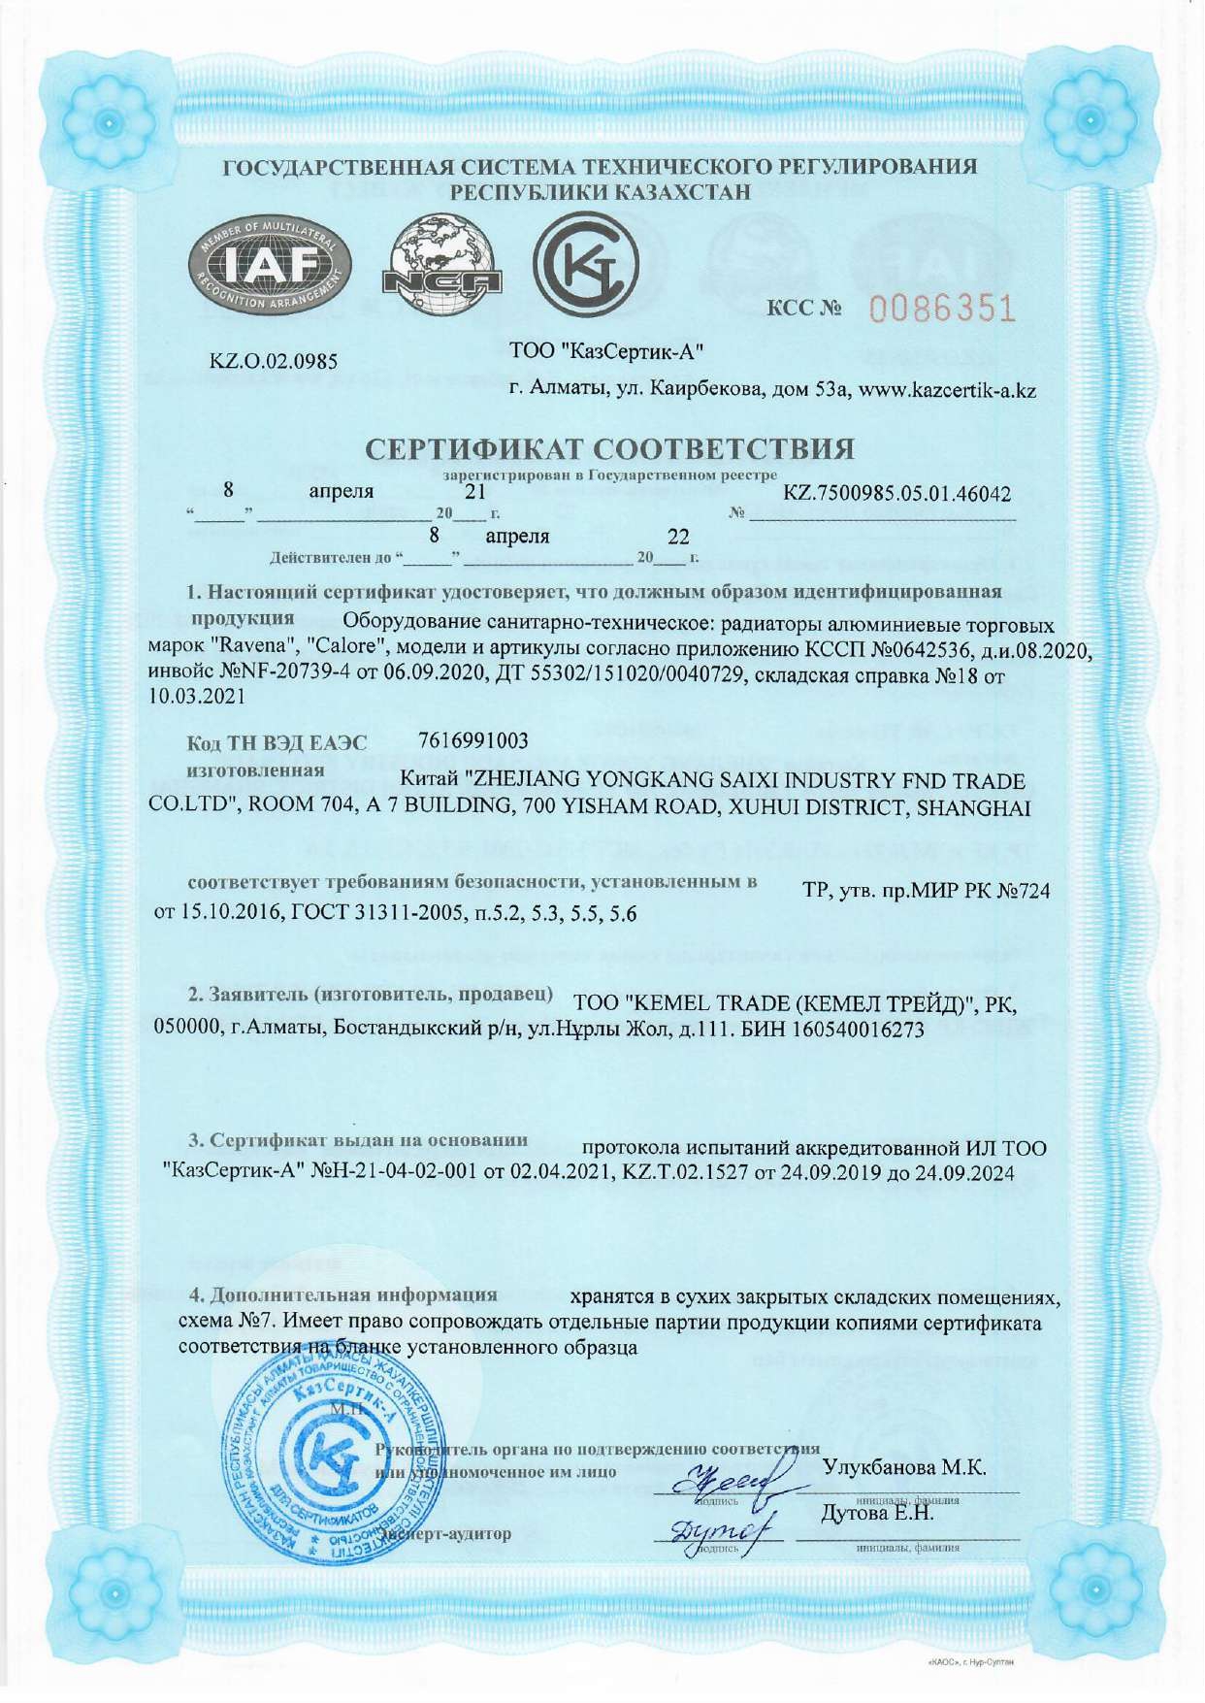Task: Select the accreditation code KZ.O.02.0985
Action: click(x=275, y=362)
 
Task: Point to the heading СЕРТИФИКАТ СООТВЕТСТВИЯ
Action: click(x=610, y=449)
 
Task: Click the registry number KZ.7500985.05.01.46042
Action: click(x=896, y=494)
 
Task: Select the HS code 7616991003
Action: click(x=473, y=741)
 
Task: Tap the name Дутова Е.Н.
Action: click(x=877, y=1513)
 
